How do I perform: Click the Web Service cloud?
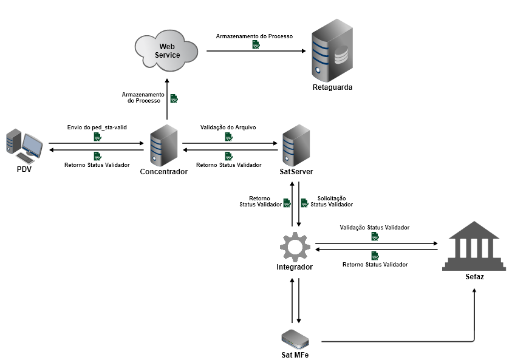[167, 49]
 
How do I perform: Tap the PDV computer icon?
[24, 146]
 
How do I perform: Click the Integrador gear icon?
[295, 246]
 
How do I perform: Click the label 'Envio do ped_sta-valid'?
[97, 128]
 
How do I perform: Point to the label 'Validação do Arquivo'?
[228, 128]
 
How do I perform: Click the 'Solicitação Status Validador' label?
[332, 202]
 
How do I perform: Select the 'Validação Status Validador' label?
[374, 228]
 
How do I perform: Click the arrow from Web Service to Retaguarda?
[256, 51]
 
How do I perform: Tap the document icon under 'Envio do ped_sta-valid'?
[97, 137]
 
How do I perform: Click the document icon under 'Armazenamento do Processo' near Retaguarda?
[256, 44]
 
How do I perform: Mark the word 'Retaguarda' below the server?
[332, 87]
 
